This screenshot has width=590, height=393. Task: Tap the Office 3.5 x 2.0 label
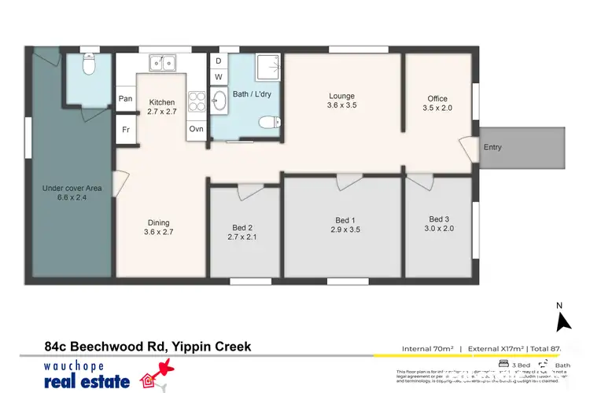pyautogui.click(x=437, y=104)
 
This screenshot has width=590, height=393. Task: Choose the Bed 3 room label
pyautogui.click(x=440, y=224)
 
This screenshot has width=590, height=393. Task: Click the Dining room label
pyautogui.click(x=157, y=228)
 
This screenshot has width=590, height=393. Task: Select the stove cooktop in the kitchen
pyautogui.click(x=196, y=101)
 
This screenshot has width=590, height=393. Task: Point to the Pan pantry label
pyautogui.click(x=125, y=99)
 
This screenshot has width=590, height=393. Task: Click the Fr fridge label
pyautogui.click(x=125, y=129)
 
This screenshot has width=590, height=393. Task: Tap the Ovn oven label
pyautogui.click(x=196, y=129)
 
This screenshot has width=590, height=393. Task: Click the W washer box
pyautogui.click(x=219, y=77)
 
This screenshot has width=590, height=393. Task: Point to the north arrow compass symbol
pyautogui.click(x=562, y=321)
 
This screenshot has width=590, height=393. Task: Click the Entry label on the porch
pyautogui.click(x=492, y=148)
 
